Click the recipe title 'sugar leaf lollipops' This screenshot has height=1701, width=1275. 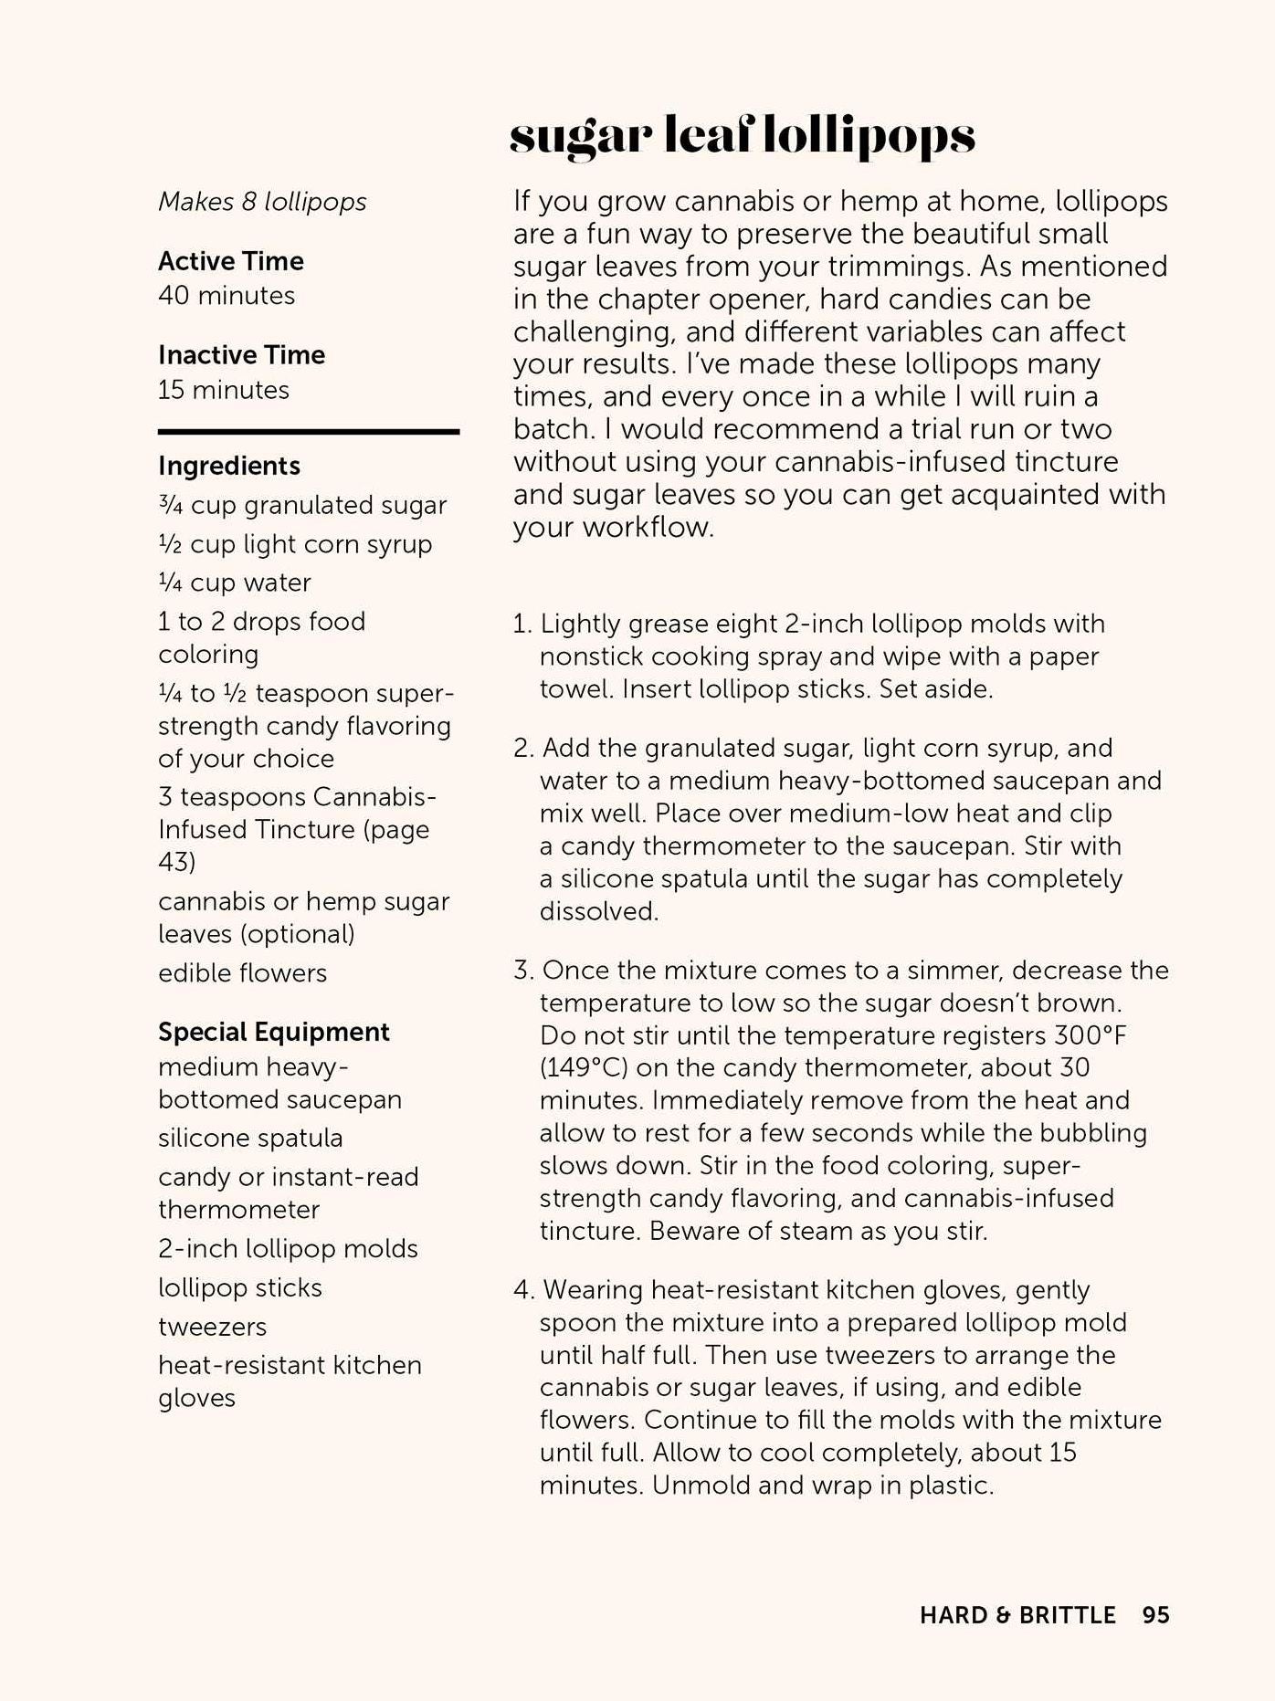[x=742, y=137]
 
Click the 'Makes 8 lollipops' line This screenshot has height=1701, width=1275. [x=262, y=202]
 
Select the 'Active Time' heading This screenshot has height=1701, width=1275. [x=230, y=261]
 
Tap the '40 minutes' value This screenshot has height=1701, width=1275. [x=227, y=296]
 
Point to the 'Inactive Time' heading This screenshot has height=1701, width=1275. [x=241, y=355]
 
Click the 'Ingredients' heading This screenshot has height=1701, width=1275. [x=228, y=466]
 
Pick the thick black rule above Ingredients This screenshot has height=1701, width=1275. [x=308, y=431]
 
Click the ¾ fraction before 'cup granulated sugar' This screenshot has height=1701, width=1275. [x=170, y=505]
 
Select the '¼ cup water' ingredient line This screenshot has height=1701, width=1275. [x=235, y=583]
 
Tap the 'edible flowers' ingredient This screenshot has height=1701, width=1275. [x=242, y=973]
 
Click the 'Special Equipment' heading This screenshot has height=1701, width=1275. [x=273, y=1032]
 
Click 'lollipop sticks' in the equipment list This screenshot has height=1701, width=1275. [x=239, y=1287]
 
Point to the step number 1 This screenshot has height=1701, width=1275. [x=522, y=625]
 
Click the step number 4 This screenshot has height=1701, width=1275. [x=522, y=1290]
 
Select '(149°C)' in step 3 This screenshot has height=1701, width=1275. [x=584, y=1068]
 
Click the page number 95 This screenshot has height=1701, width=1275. [x=1155, y=1615]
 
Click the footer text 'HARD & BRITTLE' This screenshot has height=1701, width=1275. [x=1017, y=1615]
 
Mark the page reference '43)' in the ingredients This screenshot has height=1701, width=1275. [x=176, y=862]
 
